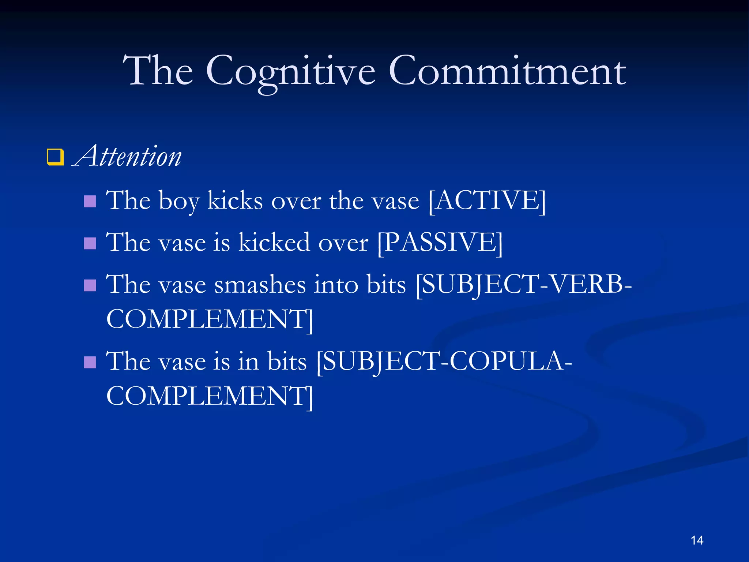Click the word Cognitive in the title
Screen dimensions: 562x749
(x=290, y=71)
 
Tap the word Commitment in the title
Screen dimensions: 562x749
(x=507, y=71)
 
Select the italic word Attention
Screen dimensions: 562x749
(x=128, y=157)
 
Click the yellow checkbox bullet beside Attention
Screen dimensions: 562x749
(x=55, y=157)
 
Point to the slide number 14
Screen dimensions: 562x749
(x=697, y=540)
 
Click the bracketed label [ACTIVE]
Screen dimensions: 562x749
(x=487, y=201)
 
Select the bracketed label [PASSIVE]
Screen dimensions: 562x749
(x=440, y=243)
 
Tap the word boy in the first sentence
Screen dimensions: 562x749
(x=179, y=201)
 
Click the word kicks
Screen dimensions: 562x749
(x=235, y=201)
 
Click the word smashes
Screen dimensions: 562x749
(x=260, y=285)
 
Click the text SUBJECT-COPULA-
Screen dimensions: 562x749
(x=444, y=361)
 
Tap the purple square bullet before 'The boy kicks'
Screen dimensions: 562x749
(x=90, y=201)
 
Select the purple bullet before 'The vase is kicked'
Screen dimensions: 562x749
(x=90, y=243)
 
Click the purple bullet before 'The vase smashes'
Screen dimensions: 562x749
(x=90, y=285)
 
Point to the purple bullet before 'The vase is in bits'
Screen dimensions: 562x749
(x=90, y=362)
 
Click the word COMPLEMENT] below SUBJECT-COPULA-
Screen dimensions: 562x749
(x=210, y=396)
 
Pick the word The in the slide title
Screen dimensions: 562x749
(x=158, y=71)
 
